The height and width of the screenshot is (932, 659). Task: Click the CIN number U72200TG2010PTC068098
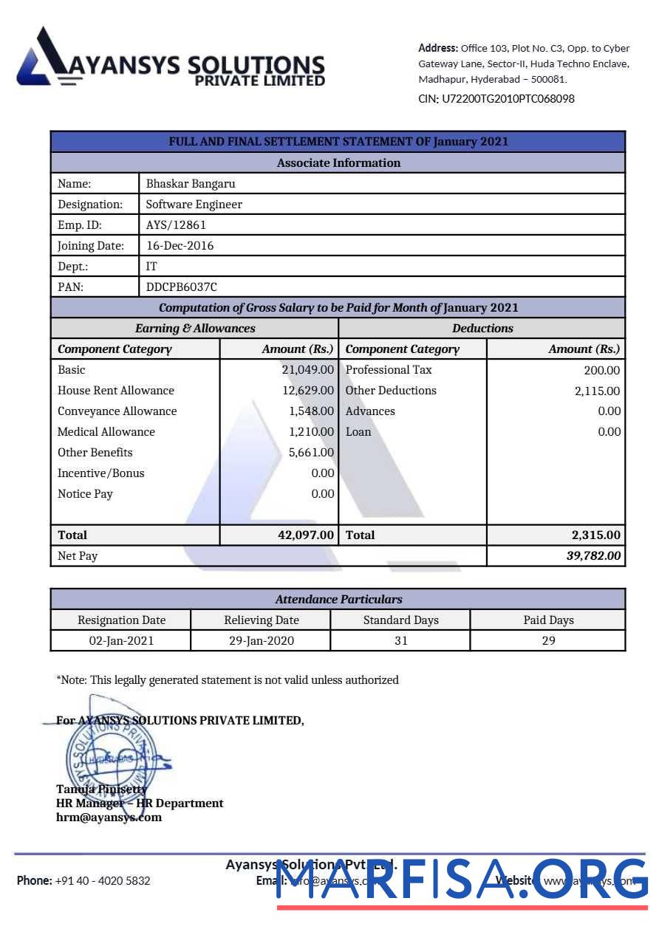point(508,98)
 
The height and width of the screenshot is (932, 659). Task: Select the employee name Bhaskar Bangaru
point(191,183)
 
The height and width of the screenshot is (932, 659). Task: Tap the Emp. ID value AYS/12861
point(176,225)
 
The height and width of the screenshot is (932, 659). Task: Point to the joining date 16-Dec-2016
point(180,245)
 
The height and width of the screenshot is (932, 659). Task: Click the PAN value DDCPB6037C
point(182,287)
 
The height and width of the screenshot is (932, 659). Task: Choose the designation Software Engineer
point(194,204)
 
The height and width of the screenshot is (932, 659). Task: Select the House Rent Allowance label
point(116,390)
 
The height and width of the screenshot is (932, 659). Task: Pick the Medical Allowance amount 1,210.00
point(311,431)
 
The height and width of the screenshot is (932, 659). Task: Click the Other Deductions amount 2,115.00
point(597,391)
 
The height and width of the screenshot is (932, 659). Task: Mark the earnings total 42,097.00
point(306,535)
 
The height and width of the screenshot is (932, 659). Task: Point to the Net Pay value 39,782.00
point(593,555)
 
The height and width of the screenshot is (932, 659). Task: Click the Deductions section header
point(482,328)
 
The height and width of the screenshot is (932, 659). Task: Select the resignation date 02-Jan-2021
point(121,640)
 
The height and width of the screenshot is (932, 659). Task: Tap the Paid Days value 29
point(548,640)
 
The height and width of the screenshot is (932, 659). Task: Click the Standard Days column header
point(400,620)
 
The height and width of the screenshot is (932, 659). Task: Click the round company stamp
point(109,750)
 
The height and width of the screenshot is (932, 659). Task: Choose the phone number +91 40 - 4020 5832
point(102,880)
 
